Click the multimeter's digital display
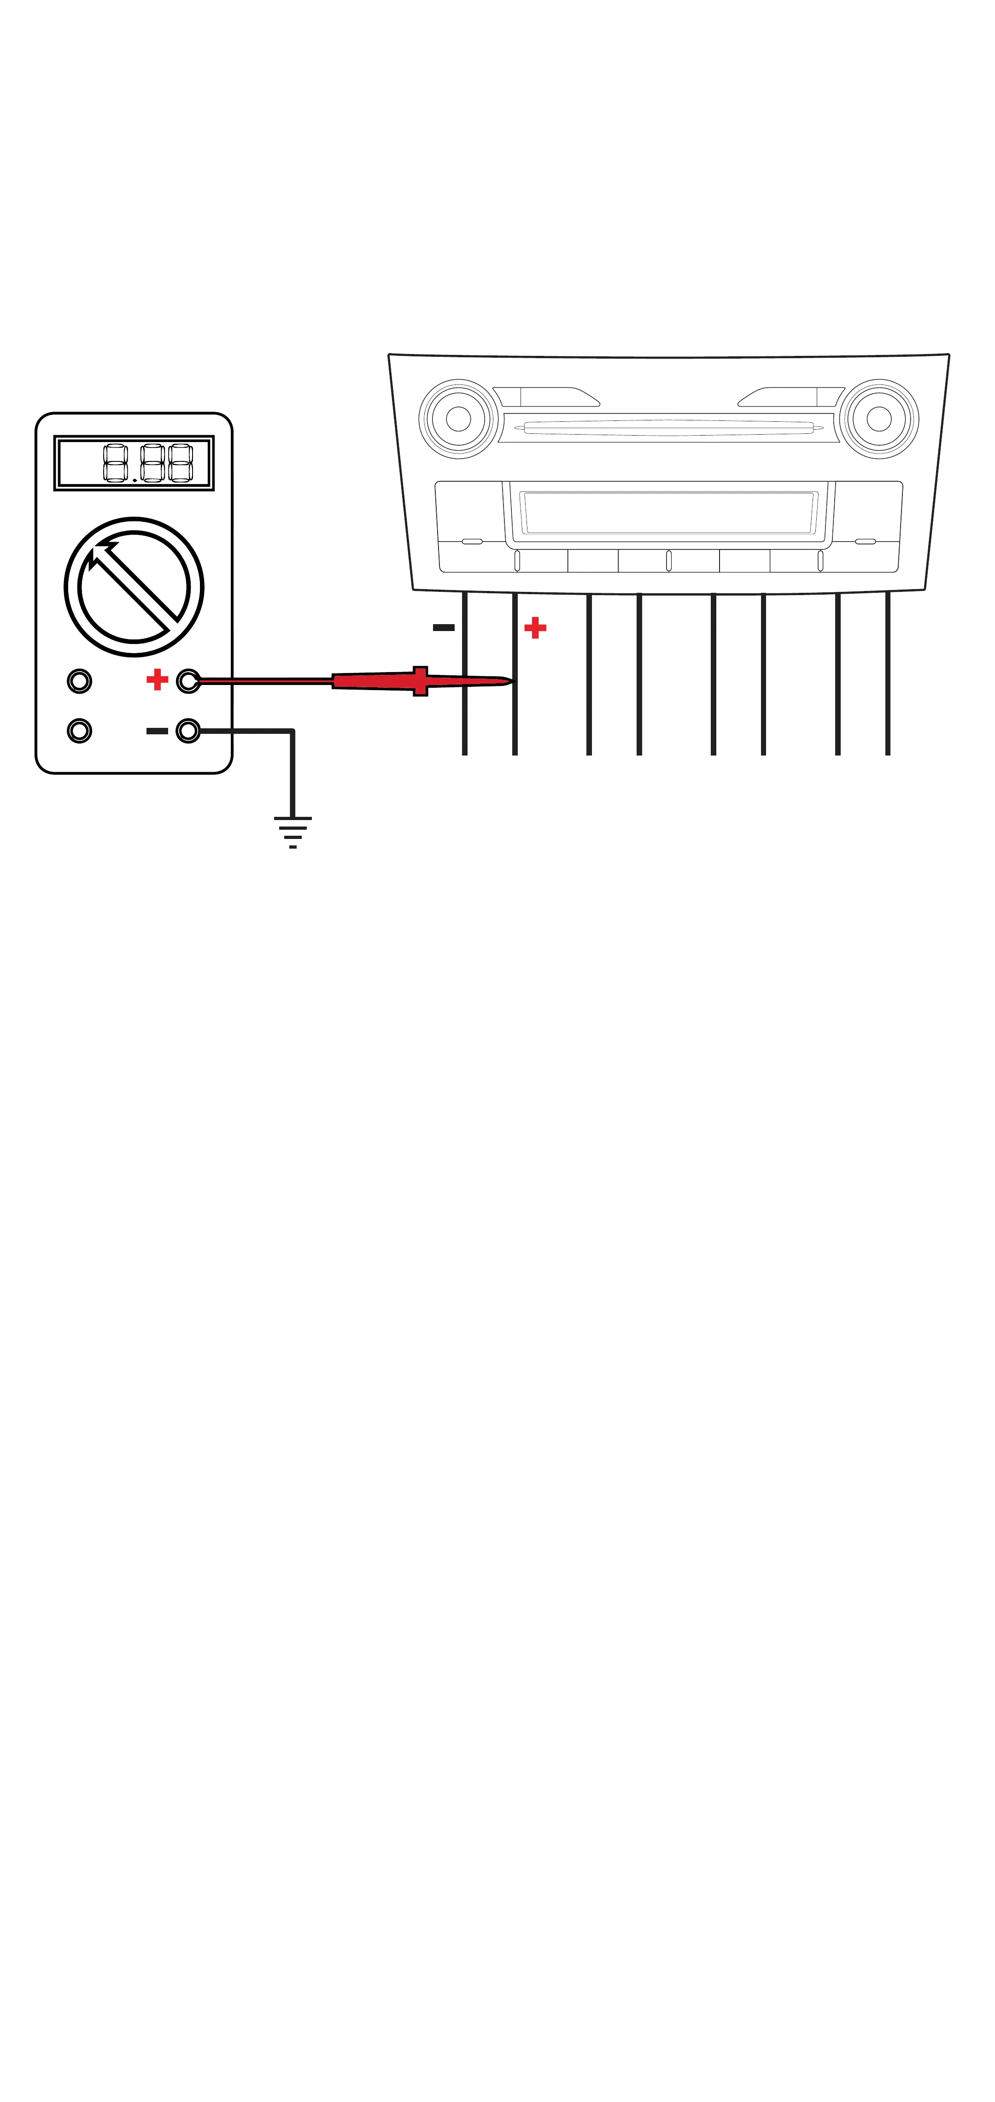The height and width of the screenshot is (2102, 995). (x=134, y=463)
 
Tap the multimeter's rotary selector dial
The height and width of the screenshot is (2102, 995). (x=134, y=587)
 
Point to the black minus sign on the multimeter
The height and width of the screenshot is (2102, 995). (x=157, y=730)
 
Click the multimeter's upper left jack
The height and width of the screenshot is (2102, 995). (x=79, y=680)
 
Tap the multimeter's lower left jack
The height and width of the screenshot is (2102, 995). (x=79, y=730)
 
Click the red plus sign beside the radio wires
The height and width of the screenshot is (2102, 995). (x=535, y=627)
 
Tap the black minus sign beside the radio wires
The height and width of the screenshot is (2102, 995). (x=444, y=627)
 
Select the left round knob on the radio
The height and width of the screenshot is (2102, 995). (x=458, y=419)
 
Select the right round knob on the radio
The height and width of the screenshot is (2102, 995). (x=878, y=419)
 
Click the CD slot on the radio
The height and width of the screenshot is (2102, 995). (x=669, y=427)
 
